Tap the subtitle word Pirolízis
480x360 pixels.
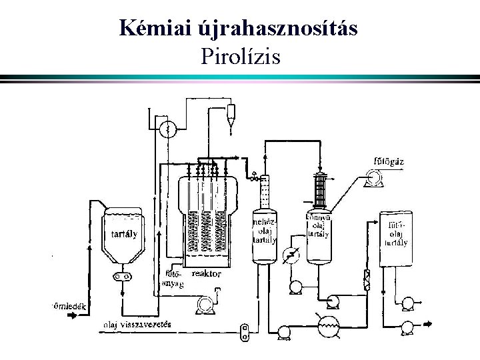pyautogui.click(x=240, y=57)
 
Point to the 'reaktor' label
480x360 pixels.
pyautogui.click(x=206, y=274)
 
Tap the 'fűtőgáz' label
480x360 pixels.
pyautogui.click(x=388, y=161)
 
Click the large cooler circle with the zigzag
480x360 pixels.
pyautogui.click(x=327, y=324)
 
